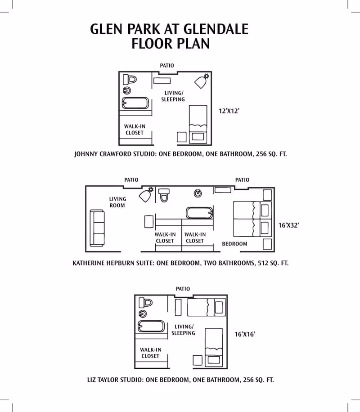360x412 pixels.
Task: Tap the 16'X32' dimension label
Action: pyautogui.click(x=288, y=225)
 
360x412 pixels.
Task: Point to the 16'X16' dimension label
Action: pyautogui.click(x=245, y=334)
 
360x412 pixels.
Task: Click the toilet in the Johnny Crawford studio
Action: pyautogui.click(x=130, y=80)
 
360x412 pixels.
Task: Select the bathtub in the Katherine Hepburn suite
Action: pyautogui.click(x=198, y=213)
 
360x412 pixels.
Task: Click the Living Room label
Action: pyautogui.click(x=117, y=202)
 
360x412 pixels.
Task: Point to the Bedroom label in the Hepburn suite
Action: pyautogui.click(x=234, y=244)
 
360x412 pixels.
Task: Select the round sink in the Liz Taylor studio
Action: pyautogui.click(x=143, y=313)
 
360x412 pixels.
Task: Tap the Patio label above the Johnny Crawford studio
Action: pyautogui.click(x=167, y=66)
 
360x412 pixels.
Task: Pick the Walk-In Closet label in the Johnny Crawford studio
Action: pyautogui.click(x=135, y=130)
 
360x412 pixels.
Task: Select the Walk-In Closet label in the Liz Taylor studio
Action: pyautogui.click(x=150, y=353)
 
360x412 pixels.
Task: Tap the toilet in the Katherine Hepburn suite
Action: pyautogui.click(x=164, y=195)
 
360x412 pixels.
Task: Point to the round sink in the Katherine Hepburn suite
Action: pyautogui.click(x=198, y=193)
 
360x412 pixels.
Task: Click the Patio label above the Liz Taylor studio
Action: pyautogui.click(x=183, y=289)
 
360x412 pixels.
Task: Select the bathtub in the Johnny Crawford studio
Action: pyautogui.click(x=135, y=103)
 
